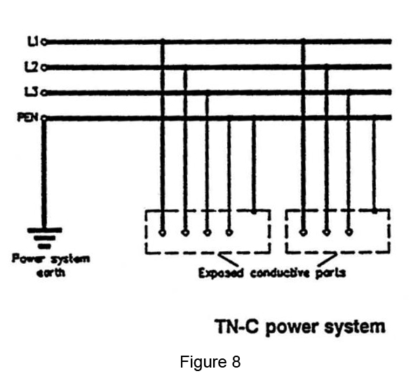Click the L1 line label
(x=33, y=41)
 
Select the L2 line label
(x=32, y=67)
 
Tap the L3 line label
(x=32, y=92)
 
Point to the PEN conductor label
(x=28, y=117)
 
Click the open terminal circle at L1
(x=44, y=42)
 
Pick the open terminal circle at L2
(x=44, y=68)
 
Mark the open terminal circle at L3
(x=44, y=93)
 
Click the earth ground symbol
(x=44, y=238)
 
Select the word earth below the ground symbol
(x=50, y=273)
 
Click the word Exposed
(x=222, y=274)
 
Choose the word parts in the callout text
(x=330, y=274)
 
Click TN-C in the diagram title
(x=237, y=326)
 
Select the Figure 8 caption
(x=210, y=361)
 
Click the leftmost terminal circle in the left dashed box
(x=163, y=233)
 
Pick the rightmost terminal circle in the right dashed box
(x=348, y=232)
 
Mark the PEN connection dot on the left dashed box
(x=254, y=211)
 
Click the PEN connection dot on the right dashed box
(x=374, y=211)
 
